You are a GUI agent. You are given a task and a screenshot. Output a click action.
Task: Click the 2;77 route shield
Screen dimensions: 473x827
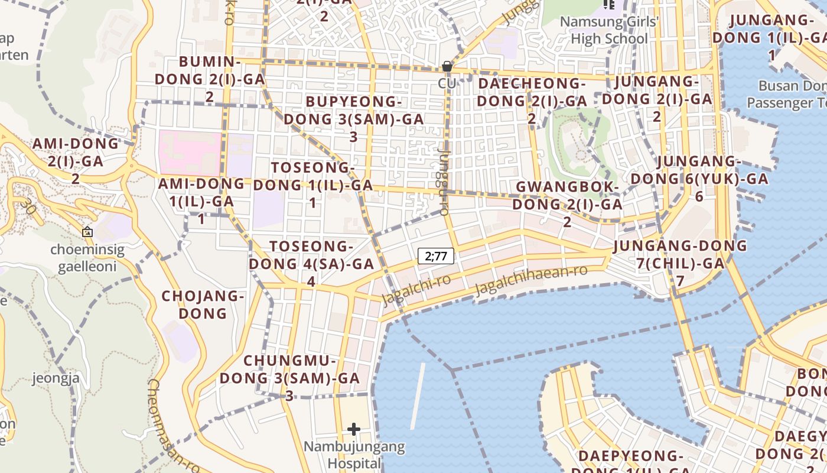(x=437, y=256)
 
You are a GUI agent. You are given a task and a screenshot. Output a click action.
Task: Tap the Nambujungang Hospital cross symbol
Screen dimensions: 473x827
(x=354, y=429)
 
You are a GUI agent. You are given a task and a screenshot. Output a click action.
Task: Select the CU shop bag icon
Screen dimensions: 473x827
(x=447, y=66)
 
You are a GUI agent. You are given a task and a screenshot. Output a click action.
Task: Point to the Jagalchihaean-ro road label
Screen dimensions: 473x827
(x=531, y=280)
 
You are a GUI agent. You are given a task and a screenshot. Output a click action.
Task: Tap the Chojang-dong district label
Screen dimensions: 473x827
(x=203, y=304)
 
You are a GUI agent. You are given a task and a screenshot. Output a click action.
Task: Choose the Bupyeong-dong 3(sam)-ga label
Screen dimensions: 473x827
(x=353, y=118)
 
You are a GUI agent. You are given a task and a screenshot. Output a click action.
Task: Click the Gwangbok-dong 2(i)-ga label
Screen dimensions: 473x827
(x=567, y=204)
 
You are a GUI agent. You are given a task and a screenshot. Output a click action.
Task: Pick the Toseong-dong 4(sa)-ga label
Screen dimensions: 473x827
(x=311, y=264)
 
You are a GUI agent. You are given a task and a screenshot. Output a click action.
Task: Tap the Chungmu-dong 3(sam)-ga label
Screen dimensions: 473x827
(x=289, y=378)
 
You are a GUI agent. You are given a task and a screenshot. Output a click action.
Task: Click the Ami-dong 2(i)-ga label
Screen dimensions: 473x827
(x=76, y=160)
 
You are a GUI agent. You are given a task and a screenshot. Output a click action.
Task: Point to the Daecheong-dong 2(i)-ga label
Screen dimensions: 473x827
(x=532, y=101)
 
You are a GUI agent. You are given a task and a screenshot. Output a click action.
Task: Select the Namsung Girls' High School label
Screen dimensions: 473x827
(x=604, y=30)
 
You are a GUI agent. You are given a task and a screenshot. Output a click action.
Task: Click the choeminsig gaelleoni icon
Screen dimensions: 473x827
(x=87, y=232)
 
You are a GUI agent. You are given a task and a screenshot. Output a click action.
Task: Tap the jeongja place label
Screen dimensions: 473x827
(x=56, y=378)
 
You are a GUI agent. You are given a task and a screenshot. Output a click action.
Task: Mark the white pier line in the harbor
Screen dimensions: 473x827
(x=418, y=396)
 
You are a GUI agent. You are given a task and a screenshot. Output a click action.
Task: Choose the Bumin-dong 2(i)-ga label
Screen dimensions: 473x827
(x=210, y=79)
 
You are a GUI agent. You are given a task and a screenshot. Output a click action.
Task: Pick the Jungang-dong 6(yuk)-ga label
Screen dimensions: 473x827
(x=699, y=179)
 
